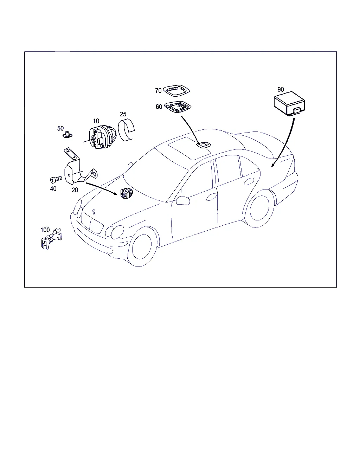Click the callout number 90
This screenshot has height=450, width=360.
tap(281, 90)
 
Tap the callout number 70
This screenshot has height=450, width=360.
tap(158, 91)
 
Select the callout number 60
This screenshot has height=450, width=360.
tap(159, 107)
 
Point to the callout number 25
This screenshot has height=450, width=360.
tap(123, 114)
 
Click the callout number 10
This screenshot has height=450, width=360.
tap(96, 121)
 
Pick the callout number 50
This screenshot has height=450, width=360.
tap(60, 128)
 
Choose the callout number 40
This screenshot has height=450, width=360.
tap(53, 189)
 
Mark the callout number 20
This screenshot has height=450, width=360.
tap(75, 190)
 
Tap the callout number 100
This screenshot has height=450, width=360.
tap(45, 230)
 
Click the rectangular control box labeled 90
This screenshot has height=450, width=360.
tap(289, 104)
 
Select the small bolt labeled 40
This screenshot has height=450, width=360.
tap(56, 179)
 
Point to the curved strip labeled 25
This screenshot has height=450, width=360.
tap(126, 130)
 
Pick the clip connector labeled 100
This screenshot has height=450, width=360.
tap(51, 238)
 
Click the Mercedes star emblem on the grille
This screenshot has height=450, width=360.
tap(94, 211)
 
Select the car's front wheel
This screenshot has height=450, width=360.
tap(142, 246)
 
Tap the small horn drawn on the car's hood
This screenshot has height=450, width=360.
tap(126, 193)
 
